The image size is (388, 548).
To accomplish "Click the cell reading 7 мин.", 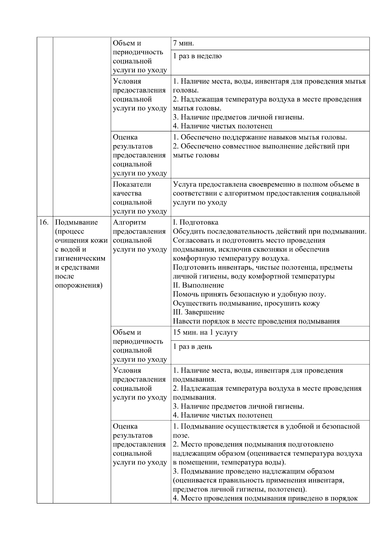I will [183, 44].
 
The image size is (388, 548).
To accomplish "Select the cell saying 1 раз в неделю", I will [197, 56].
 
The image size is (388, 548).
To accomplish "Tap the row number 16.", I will [44, 222].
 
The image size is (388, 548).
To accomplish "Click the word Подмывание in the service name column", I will [76, 222].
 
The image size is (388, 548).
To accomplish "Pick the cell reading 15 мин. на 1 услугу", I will [205, 333].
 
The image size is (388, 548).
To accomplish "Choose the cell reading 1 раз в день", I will [192, 347].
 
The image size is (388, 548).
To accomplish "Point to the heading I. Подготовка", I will [195, 222].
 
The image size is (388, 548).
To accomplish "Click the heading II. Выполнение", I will [198, 285].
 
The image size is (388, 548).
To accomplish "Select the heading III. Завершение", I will [199, 312].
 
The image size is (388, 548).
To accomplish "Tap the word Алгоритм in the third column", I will [129, 222].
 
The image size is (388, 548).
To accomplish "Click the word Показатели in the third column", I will [132, 184].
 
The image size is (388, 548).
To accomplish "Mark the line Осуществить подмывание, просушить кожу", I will [246, 303].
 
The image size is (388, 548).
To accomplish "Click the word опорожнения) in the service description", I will [79, 285].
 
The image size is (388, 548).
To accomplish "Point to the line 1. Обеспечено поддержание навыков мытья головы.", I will [260, 137].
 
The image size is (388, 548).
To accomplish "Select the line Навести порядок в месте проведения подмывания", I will [256, 321].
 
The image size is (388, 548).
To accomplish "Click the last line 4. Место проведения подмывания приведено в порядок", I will [265, 498].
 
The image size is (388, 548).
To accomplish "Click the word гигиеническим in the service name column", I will [80, 258].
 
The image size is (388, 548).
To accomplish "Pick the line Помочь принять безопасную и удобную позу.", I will [249, 295].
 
